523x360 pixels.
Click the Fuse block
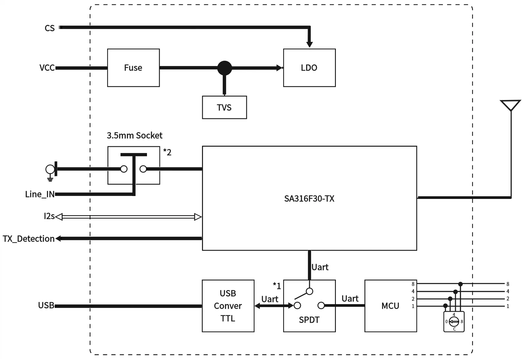pyautogui.click(x=133, y=68)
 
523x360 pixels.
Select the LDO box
pyautogui.click(x=309, y=68)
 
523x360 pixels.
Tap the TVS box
pyautogui.click(x=224, y=107)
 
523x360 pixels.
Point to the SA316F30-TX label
pyautogui.click(x=309, y=199)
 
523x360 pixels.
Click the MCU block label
pyautogui.click(x=390, y=306)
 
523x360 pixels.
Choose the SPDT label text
pyautogui.click(x=309, y=320)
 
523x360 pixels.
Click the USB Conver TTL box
pyautogui.click(x=228, y=306)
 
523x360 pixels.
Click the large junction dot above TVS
pyautogui.click(x=224, y=68)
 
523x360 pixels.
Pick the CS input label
pyautogui.click(x=49, y=28)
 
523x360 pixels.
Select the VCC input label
pyautogui.click(x=47, y=68)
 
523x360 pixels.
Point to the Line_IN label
pyautogui.click(x=40, y=194)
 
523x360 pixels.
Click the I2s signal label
pyautogui.click(x=49, y=216)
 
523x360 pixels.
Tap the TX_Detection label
pyautogui.click(x=29, y=239)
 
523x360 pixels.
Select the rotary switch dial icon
pyautogui.click(x=454, y=322)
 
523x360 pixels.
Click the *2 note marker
pyautogui.click(x=167, y=152)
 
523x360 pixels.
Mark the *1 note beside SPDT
pyautogui.click(x=277, y=286)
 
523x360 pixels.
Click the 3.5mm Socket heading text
pyautogui.click(x=134, y=136)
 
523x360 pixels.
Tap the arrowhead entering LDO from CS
pyautogui.click(x=309, y=44)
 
